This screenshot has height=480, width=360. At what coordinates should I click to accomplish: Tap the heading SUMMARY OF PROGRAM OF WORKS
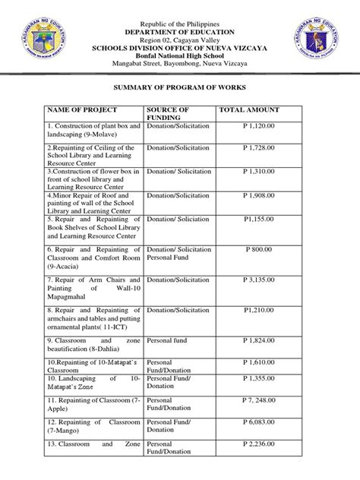[x=179, y=88]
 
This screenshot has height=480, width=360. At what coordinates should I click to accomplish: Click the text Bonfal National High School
[x=179, y=45]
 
